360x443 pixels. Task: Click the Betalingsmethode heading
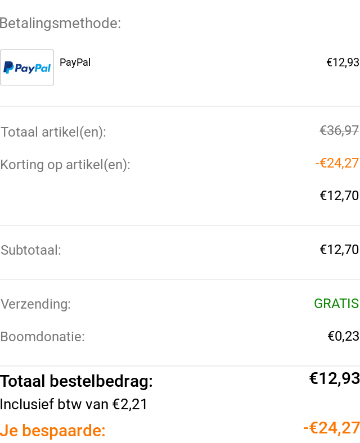coord(60,23)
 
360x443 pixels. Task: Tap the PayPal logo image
coord(27,67)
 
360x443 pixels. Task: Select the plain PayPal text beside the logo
coord(75,62)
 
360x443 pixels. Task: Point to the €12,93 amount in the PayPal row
coord(343,62)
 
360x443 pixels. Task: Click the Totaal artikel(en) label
coord(53,132)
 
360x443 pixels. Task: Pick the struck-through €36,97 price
coord(339,130)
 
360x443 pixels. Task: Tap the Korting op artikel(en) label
coord(65,165)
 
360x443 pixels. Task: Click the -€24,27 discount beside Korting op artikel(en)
coord(337,163)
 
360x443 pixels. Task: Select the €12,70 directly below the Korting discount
coord(339,196)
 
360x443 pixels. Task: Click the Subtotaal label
coord(31,250)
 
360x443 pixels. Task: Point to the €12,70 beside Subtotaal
coord(339,250)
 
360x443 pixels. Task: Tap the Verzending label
coord(35,304)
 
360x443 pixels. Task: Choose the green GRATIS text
coord(336,304)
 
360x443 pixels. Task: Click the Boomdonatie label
coord(42,337)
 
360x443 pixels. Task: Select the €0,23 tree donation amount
coord(343,336)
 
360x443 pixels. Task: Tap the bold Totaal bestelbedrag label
coord(76,381)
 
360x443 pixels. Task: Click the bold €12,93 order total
coord(335,378)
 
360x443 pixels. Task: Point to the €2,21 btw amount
coord(130,404)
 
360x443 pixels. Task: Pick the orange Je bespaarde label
coord(52,431)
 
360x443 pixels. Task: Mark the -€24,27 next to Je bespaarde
coord(331,428)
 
